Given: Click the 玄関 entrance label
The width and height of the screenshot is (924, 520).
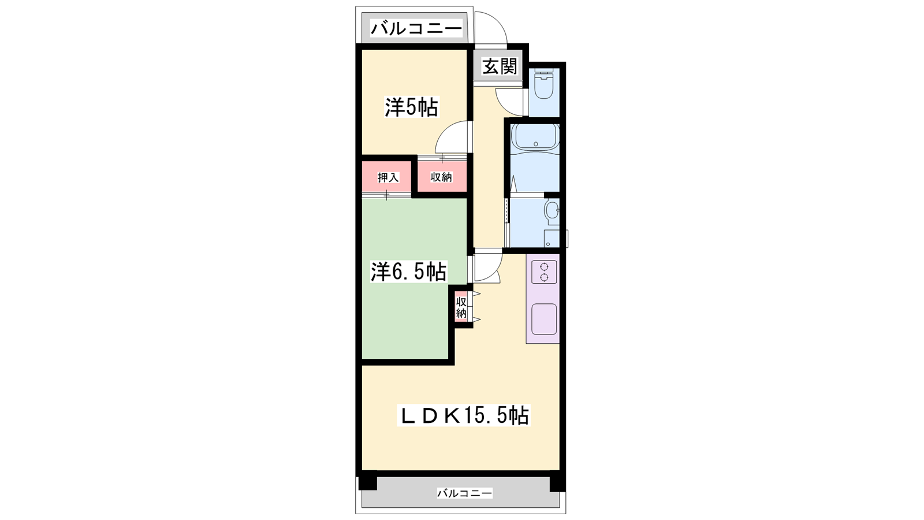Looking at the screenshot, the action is pyautogui.click(x=500, y=66).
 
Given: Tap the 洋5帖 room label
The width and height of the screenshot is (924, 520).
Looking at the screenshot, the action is pyautogui.click(x=411, y=107).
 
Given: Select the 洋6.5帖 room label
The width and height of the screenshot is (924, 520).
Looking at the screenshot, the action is pyautogui.click(x=408, y=272).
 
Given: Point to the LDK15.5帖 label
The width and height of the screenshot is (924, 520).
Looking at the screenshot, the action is pyautogui.click(x=463, y=415).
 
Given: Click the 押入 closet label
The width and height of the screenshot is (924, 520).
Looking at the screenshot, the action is pyautogui.click(x=388, y=177).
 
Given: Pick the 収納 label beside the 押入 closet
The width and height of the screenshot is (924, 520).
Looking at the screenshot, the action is pyautogui.click(x=441, y=177).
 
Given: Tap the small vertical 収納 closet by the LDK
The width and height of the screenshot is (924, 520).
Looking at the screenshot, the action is pyautogui.click(x=461, y=307).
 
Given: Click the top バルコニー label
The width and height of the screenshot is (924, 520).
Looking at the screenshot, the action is pyautogui.click(x=416, y=28).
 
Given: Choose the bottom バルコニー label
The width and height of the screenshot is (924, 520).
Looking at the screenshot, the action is pyautogui.click(x=464, y=493).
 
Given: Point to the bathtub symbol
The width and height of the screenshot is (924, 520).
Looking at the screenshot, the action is pyautogui.click(x=535, y=141).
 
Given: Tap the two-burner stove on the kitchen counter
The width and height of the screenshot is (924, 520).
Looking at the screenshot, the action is pyautogui.click(x=544, y=272).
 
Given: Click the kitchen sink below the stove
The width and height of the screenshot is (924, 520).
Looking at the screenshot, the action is pyautogui.click(x=544, y=319).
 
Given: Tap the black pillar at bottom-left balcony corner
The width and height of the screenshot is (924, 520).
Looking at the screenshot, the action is pyautogui.click(x=367, y=480).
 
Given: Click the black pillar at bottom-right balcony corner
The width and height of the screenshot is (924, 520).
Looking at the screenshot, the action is pyautogui.click(x=557, y=481).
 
